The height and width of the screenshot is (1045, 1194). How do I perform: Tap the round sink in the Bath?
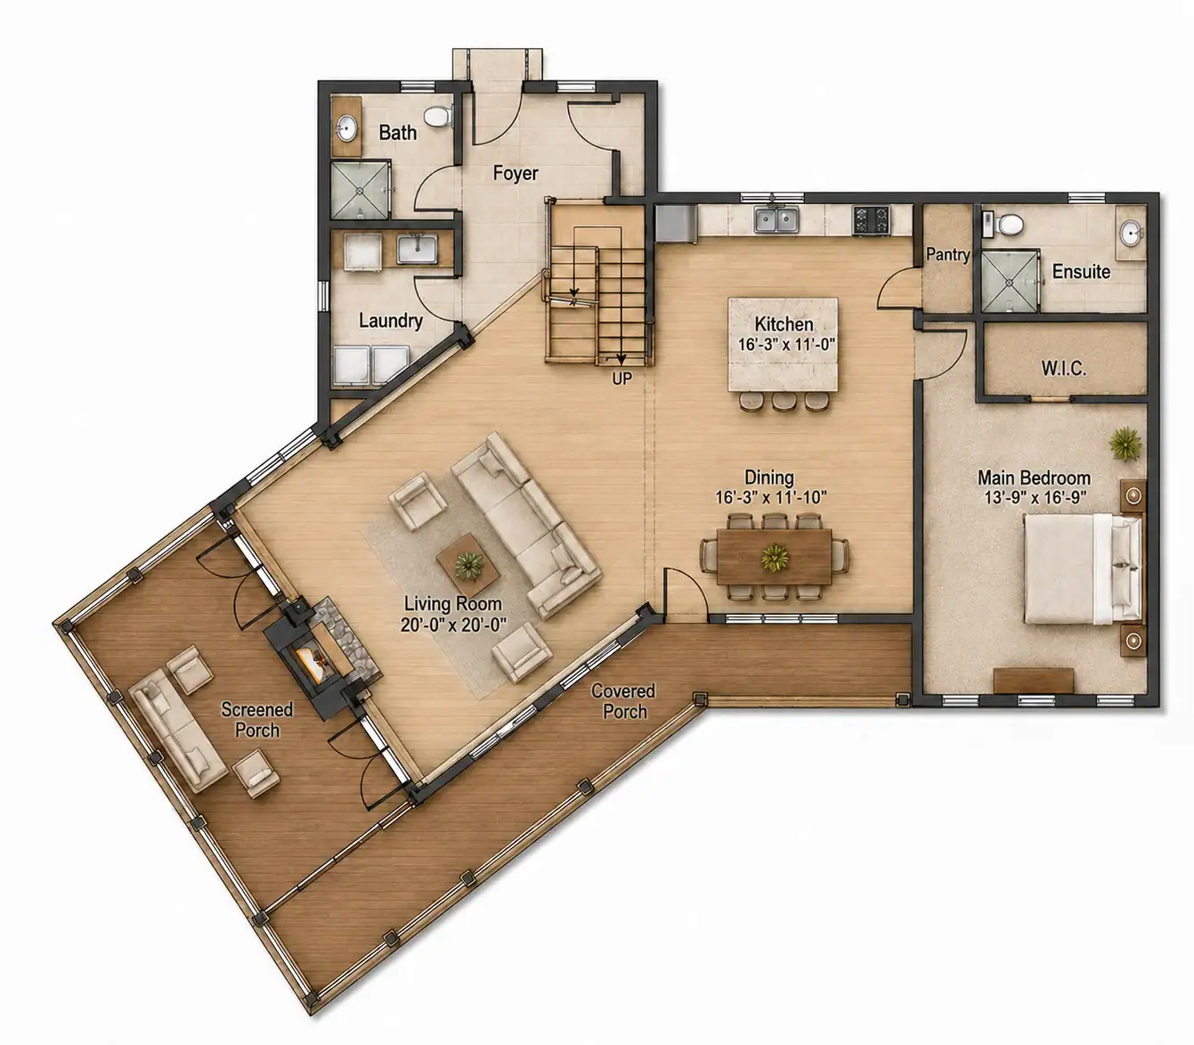pyautogui.click(x=346, y=127)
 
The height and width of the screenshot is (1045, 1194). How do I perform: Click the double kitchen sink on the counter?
pyautogui.click(x=776, y=220)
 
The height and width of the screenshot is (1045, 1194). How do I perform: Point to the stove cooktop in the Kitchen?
pyautogui.click(x=872, y=220)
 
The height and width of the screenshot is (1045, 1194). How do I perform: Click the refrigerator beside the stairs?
pyautogui.click(x=676, y=223)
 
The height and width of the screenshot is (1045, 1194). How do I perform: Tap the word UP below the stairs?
pyautogui.click(x=622, y=379)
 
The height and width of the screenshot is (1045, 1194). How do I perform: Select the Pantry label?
pyautogui.click(x=947, y=255)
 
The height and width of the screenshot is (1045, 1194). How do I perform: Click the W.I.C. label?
pyautogui.click(x=1064, y=368)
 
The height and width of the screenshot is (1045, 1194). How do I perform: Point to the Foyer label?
pyautogui.click(x=516, y=174)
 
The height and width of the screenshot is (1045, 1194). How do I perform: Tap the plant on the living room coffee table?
pyautogui.click(x=468, y=566)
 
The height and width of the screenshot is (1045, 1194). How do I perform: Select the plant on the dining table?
pyautogui.click(x=775, y=557)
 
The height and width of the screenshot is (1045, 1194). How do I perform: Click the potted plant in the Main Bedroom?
pyautogui.click(x=1125, y=444)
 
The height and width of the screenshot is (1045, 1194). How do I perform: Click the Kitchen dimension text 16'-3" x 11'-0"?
pyautogui.click(x=786, y=345)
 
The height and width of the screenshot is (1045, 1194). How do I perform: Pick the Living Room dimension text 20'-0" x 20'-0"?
pyautogui.click(x=453, y=625)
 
